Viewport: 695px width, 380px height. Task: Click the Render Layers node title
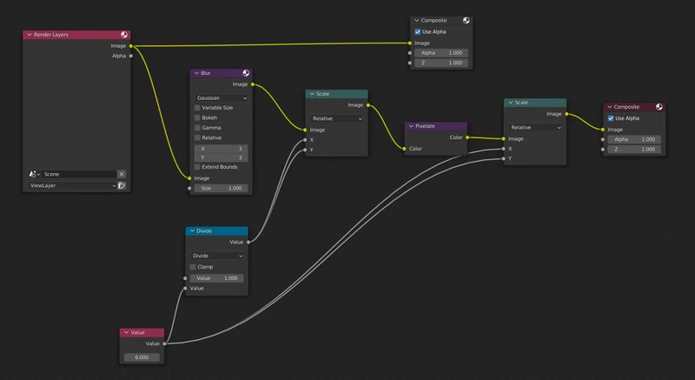(x=51, y=35)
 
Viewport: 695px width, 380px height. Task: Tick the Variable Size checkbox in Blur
(x=197, y=108)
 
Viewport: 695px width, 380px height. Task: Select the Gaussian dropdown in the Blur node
(x=221, y=97)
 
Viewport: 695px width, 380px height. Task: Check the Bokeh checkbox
(x=197, y=118)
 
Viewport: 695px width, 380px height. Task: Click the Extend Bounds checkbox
(x=197, y=167)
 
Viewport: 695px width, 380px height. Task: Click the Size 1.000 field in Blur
(x=221, y=189)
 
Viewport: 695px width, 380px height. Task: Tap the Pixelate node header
(x=436, y=126)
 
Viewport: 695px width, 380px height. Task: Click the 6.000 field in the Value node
(x=142, y=357)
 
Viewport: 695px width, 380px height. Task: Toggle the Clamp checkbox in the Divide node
(x=193, y=267)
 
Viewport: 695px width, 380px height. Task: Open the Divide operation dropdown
(x=216, y=256)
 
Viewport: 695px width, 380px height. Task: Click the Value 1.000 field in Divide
(x=216, y=278)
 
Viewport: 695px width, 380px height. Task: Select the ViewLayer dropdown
(x=72, y=186)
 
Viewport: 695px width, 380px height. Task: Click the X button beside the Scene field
(x=122, y=174)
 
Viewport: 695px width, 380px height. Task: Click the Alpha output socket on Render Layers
(x=131, y=56)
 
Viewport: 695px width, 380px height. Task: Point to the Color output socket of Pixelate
(x=467, y=137)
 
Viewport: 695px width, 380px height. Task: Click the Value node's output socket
(x=164, y=343)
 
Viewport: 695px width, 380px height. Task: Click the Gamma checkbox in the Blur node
(x=197, y=128)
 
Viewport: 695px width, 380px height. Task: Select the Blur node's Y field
(x=221, y=158)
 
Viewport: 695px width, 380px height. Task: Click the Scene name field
(x=79, y=174)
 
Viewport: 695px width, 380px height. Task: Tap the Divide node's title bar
(x=216, y=231)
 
